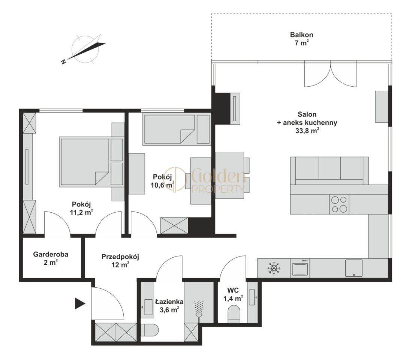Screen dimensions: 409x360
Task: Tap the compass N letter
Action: point(63,61)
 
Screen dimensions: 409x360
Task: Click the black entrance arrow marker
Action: point(80,303)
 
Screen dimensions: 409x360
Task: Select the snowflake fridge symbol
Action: point(274,268)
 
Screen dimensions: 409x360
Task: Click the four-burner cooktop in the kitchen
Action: point(339,204)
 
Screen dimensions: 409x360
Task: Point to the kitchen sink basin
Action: point(354,268)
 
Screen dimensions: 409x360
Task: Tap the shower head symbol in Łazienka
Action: point(199,309)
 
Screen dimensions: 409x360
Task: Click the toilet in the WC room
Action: point(234,314)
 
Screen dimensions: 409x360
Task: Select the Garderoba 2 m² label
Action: point(51,258)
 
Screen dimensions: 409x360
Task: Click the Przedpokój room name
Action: point(120,256)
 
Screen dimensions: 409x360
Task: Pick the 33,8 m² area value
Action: point(307,131)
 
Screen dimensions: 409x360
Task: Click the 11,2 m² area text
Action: point(81,212)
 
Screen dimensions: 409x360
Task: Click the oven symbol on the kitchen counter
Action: point(300,268)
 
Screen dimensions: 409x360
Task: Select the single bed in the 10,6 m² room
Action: point(176,130)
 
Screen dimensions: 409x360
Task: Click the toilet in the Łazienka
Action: point(150,330)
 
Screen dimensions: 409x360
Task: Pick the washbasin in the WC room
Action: point(252,297)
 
